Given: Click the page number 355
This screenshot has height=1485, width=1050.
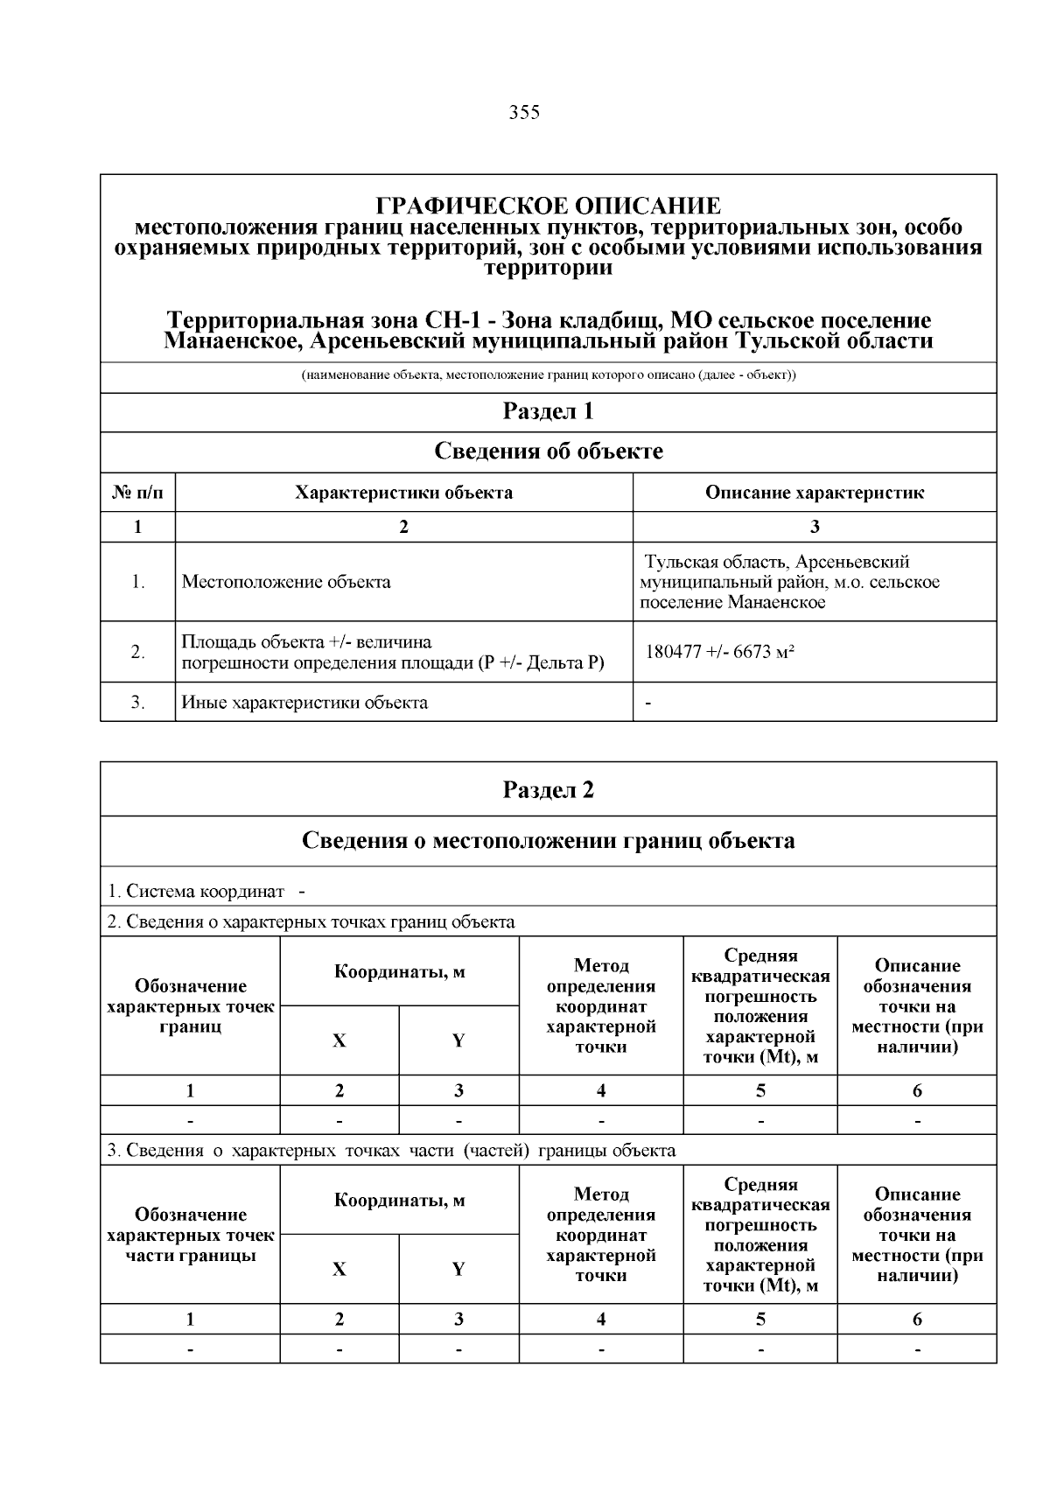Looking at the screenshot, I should (x=524, y=113).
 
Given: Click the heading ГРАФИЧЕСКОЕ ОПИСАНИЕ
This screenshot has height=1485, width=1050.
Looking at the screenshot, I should (x=548, y=207).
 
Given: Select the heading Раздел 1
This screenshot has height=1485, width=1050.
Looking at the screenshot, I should (x=548, y=411).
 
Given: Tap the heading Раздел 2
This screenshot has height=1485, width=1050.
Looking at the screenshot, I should (x=548, y=789).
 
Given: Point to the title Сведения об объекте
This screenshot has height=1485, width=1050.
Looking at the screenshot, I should (x=548, y=452).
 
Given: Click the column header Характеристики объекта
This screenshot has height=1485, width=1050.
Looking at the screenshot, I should (x=403, y=493).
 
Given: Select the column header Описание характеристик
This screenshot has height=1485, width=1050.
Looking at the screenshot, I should (x=814, y=493).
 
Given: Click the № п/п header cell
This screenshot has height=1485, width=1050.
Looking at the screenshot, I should (x=137, y=493).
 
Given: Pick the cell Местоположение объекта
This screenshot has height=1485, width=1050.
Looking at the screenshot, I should (x=286, y=582).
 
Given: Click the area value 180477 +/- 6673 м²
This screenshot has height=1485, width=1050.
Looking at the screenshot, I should (x=719, y=652).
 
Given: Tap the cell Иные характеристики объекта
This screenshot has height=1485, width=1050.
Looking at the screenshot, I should (x=304, y=702).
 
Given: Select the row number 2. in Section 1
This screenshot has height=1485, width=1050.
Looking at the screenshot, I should (x=137, y=652).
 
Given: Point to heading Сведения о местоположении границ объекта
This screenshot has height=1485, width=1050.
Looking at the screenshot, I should (x=548, y=841).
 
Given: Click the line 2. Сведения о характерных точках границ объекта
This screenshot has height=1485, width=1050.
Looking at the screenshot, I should (x=311, y=921).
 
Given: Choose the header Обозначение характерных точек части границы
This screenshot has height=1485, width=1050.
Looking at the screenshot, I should (x=190, y=1235).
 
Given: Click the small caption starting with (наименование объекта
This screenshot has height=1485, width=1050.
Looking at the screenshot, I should (x=548, y=376).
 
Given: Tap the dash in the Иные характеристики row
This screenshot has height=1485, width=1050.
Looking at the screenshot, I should (x=647, y=702).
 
